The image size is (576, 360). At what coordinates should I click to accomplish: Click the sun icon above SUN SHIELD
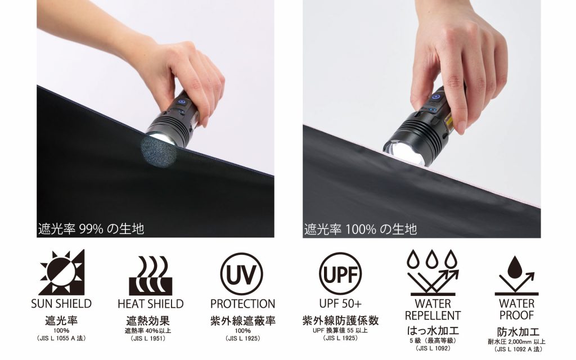tap(62, 272)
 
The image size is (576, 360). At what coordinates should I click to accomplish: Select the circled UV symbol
tap(241, 274)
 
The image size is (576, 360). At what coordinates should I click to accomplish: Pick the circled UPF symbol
tap(340, 274)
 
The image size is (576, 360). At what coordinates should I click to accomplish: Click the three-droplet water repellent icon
tap(433, 273)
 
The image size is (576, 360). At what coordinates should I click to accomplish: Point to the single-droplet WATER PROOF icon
tap(516, 276)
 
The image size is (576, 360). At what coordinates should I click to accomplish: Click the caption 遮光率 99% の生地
tap(91, 229)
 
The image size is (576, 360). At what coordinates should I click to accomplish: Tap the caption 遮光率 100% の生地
tap(361, 229)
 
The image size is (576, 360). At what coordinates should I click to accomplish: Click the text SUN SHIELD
tap(61, 304)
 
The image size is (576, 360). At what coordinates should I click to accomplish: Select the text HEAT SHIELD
tap(151, 304)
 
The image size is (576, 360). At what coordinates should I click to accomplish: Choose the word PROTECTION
tap(242, 304)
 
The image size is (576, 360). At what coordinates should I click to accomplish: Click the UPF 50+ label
tap(340, 304)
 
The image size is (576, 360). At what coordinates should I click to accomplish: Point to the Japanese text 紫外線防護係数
tap(340, 320)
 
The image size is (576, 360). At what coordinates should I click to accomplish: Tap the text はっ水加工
tap(433, 330)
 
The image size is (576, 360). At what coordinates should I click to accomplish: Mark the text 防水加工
tap(518, 332)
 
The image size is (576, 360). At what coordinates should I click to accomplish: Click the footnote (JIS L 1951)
tap(148, 339)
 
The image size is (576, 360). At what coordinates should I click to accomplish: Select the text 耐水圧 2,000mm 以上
tap(516, 342)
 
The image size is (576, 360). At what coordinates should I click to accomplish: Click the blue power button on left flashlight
tap(181, 103)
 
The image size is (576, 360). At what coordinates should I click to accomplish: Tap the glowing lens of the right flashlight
tap(403, 151)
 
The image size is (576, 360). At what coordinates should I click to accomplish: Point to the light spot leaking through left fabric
tap(159, 151)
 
